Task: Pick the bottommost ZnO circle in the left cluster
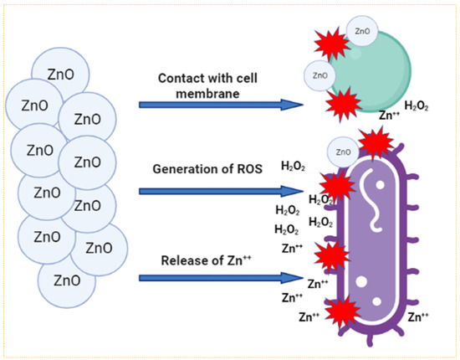66,279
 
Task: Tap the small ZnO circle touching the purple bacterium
343,151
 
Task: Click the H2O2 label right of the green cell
418,105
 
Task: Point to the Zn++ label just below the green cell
390,116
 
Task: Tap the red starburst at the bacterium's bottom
340,315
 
